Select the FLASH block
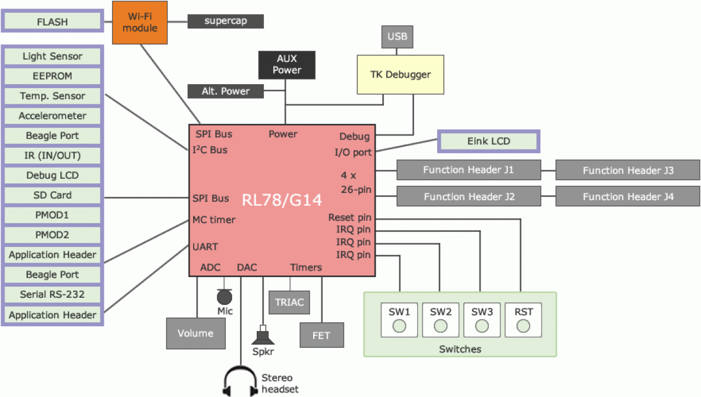52,22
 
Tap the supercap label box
225,21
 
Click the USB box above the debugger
397,37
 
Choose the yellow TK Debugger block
400,75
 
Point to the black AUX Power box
286,65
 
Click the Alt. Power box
225,91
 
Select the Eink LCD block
489,141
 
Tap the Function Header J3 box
627,171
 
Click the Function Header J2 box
469,197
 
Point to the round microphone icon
224,297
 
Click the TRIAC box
289,302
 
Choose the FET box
321,335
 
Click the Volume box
195,333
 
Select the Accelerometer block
52,116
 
